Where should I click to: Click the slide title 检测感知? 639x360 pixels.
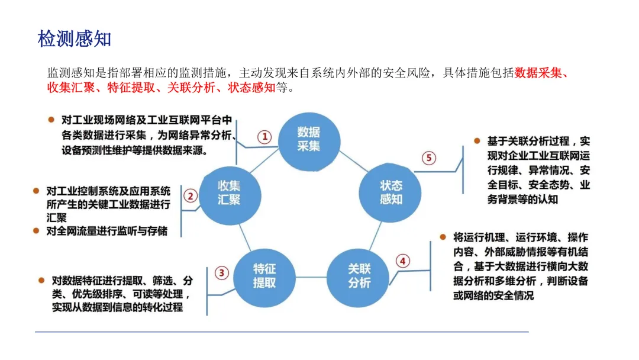[75, 39]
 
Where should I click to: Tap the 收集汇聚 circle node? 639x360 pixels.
[229, 192]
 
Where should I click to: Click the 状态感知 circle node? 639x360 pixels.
[390, 192]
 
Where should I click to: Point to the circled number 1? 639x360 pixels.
[265, 137]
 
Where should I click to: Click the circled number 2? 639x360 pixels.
[191, 195]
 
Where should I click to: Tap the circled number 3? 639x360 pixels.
[221, 273]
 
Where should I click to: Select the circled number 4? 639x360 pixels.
[402, 261]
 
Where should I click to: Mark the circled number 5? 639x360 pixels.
[429, 158]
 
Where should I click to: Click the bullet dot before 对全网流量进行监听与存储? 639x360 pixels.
[36, 231]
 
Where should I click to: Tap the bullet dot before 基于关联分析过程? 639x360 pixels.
[477, 141]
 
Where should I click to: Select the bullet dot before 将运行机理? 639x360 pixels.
[443, 237]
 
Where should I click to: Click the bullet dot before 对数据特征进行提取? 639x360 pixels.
[41, 279]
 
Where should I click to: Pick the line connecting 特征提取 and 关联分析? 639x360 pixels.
[311, 277]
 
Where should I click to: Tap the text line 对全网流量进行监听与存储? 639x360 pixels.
[107, 231]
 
